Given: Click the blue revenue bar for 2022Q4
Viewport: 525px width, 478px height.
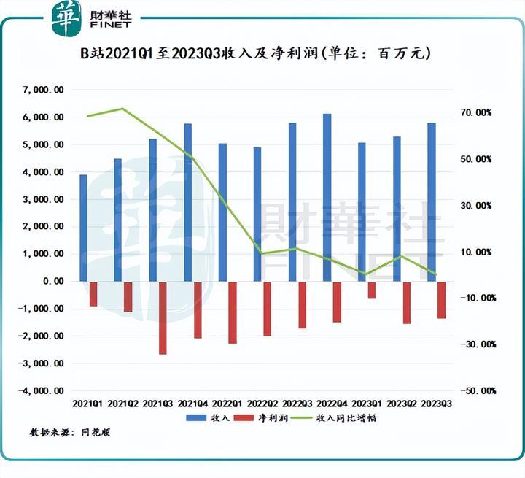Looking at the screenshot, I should tap(327, 197).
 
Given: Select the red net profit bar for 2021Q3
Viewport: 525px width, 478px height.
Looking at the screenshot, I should tap(163, 317).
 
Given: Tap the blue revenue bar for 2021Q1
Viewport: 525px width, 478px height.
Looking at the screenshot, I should tap(83, 228).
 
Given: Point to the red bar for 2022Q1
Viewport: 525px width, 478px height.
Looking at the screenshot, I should tap(233, 312).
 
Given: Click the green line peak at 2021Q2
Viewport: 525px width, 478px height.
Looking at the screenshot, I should tap(122, 109).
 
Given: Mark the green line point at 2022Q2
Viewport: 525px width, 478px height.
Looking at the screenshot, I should tap(261, 253).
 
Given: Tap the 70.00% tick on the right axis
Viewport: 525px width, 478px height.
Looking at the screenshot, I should tap(475, 113).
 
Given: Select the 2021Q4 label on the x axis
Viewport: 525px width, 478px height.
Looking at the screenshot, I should tap(192, 403).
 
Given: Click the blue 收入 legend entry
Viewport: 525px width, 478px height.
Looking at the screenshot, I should tap(209, 418).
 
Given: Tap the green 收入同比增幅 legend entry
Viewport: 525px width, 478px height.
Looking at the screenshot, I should tap(337, 418).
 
